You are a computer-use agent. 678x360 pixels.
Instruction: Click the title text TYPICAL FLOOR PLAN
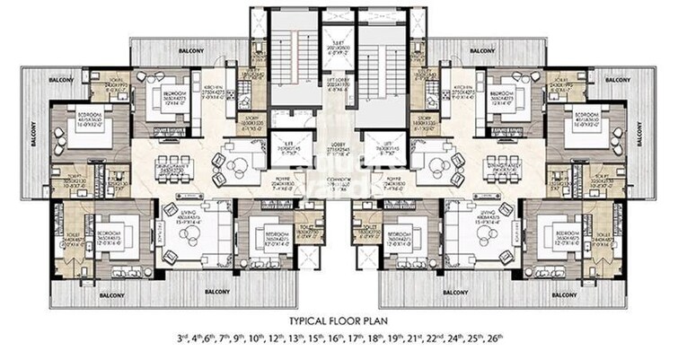[x=339, y=320]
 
